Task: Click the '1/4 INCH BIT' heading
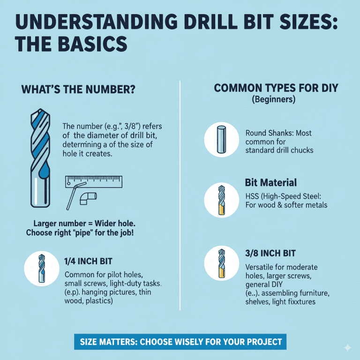(x=88, y=261)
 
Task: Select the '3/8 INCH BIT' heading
(x=270, y=253)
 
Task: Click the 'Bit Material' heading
(x=270, y=182)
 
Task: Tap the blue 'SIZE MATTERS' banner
(x=180, y=341)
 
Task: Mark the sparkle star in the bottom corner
(x=347, y=347)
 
